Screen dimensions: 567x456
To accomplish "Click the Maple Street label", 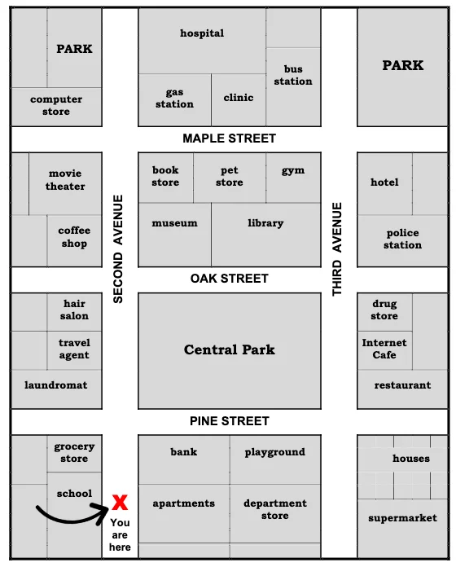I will [229, 138].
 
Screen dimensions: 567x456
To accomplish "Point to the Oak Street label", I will [229, 279].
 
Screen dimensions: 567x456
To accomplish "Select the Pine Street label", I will [229, 421].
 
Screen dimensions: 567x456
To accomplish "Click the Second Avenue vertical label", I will [118, 248].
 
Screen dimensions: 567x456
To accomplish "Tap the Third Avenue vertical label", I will [338, 248].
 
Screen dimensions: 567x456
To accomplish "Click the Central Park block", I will [229, 350].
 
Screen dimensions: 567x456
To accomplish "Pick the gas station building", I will [174, 99].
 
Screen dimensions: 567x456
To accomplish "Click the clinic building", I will [239, 99].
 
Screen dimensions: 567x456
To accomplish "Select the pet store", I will [230, 176].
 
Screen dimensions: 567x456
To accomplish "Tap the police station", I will [402, 239].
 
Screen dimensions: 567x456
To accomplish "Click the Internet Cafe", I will [384, 349].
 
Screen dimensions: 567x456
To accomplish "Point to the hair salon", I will [74, 310].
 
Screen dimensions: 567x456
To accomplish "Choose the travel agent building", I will [74, 349].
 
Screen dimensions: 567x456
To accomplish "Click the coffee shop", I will [73, 237].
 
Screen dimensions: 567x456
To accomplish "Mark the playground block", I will [275, 453].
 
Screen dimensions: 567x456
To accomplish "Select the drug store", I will [384, 310].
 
